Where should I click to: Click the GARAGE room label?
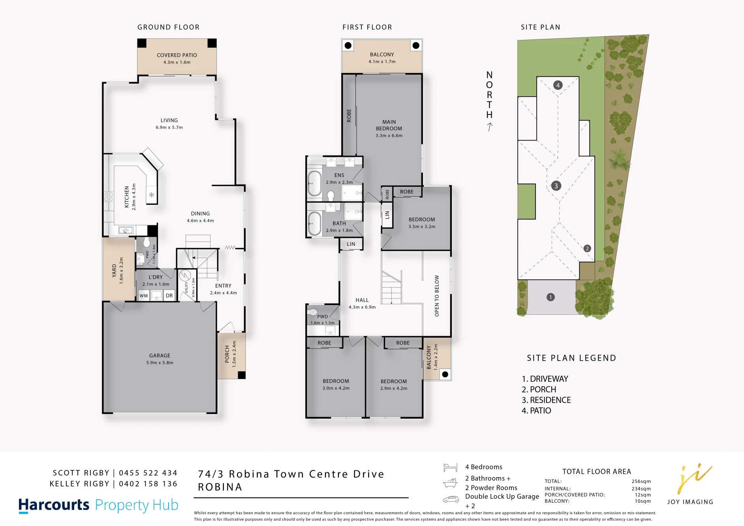(x=160, y=356)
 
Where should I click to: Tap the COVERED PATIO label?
(x=177, y=55)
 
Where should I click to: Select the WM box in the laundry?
(x=144, y=296)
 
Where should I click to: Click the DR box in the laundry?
(x=169, y=296)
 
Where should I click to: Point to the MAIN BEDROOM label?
(x=389, y=125)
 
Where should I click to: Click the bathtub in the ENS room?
(x=315, y=183)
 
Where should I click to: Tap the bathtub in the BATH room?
(x=315, y=223)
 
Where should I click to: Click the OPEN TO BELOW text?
(x=437, y=296)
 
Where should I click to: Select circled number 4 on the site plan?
(x=558, y=85)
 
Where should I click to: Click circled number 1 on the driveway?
(x=550, y=297)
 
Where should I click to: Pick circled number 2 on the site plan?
(x=587, y=248)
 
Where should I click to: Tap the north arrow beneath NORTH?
(x=490, y=127)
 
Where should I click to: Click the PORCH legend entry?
(x=539, y=389)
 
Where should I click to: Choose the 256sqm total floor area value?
(x=641, y=481)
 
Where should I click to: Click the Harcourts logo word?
(x=54, y=505)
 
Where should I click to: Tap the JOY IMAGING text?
(x=690, y=502)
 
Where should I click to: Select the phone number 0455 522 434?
(x=148, y=473)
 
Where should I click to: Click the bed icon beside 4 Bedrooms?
(x=450, y=468)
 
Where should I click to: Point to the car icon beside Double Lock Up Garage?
(x=451, y=500)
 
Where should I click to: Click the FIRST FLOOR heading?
(x=367, y=27)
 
